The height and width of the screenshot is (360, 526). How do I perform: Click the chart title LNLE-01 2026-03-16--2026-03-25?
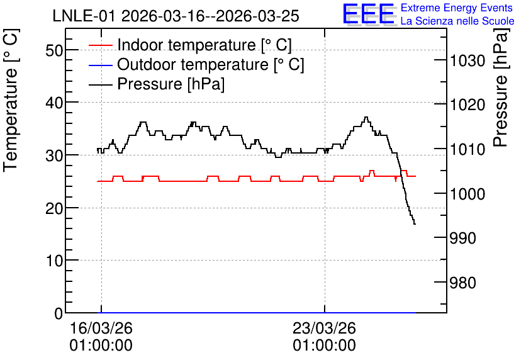pyautogui.click(x=176, y=16)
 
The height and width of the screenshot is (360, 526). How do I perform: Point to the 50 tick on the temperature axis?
pyautogui.click(x=54, y=50)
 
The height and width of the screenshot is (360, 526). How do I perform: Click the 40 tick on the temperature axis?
pyautogui.click(x=54, y=103)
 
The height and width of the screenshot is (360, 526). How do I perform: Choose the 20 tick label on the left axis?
pyautogui.click(x=54, y=209)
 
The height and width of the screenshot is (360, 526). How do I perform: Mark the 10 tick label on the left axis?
pyautogui.click(x=54, y=261)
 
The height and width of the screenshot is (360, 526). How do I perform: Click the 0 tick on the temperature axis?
pyautogui.click(x=59, y=313)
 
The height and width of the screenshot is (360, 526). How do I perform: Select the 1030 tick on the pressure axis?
pyautogui.click(x=467, y=61)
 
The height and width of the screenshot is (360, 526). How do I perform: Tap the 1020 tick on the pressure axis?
pyautogui.click(x=467, y=105)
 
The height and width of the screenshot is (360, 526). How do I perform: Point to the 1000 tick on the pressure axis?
pyautogui.click(x=467, y=194)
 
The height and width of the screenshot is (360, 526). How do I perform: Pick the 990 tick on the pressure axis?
pyautogui.click(x=463, y=238)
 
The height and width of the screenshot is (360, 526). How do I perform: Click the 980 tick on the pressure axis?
pyautogui.click(x=463, y=283)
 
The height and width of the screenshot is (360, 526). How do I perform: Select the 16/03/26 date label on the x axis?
pyautogui.click(x=101, y=328)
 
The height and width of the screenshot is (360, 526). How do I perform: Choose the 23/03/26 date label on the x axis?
pyautogui.click(x=324, y=328)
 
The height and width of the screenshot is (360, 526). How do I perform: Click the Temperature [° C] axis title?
pyautogui.click(x=11, y=100)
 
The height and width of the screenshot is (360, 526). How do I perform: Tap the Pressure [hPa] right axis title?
pyautogui.click(x=501, y=87)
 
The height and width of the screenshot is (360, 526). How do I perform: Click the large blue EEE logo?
pyautogui.click(x=369, y=13)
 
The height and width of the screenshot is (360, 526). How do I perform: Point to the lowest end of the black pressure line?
pyautogui.click(x=415, y=224)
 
